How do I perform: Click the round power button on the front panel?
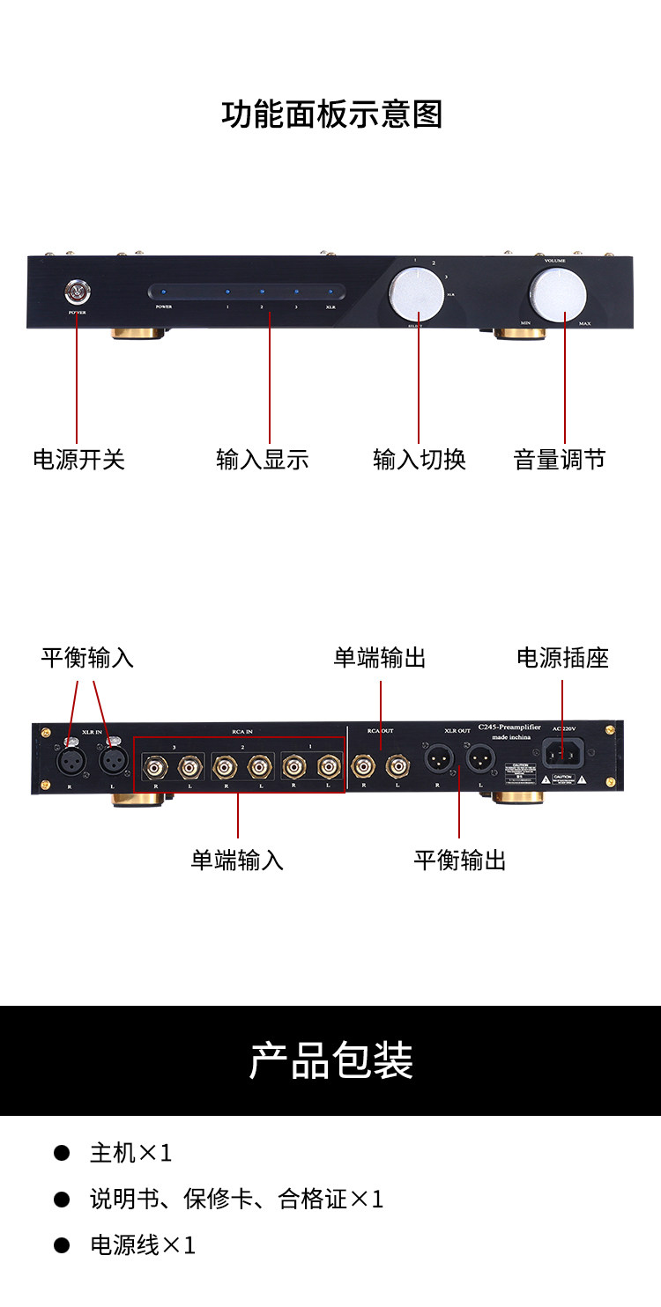(77, 291)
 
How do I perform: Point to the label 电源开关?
(79, 459)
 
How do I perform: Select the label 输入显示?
(263, 459)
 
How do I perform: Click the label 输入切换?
(420, 459)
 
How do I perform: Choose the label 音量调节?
(560, 459)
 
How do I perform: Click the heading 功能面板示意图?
(331, 114)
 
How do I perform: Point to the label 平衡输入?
(87, 658)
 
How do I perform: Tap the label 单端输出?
(380, 658)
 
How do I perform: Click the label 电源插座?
(562, 658)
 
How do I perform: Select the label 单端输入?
(237, 860)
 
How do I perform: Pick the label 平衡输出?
(460, 860)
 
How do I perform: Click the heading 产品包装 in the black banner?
(331, 1060)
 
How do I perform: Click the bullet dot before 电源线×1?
(62, 1244)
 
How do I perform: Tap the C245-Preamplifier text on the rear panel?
(509, 727)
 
